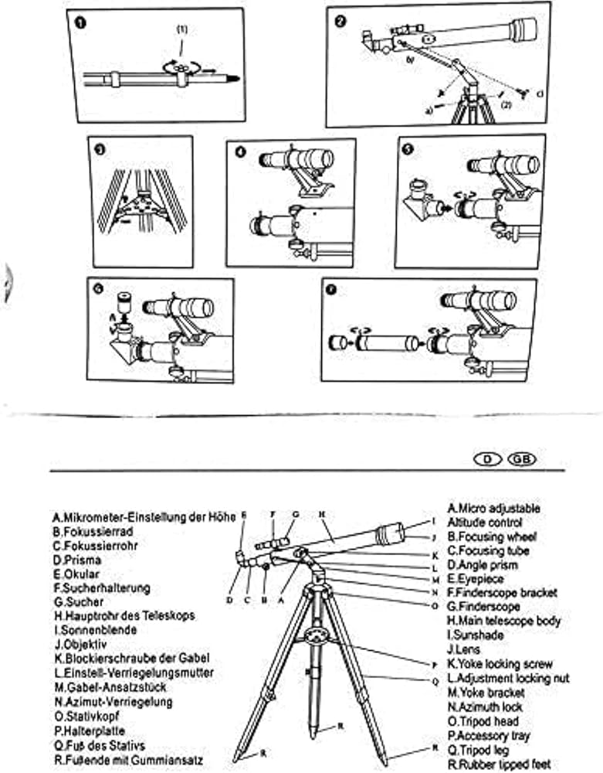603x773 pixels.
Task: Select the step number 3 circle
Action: click(98, 152)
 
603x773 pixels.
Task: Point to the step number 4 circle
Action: click(241, 152)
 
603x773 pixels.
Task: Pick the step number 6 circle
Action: click(97, 288)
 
